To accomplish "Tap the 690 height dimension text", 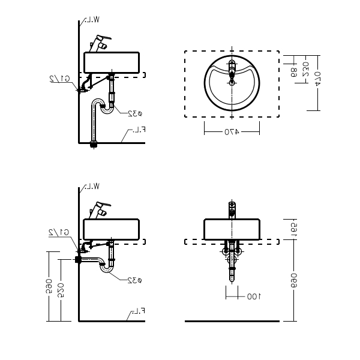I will pyautogui.click(x=294, y=279).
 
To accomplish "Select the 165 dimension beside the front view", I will pyautogui.click(x=294, y=229).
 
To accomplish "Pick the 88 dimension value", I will pyautogui.click(x=293, y=71).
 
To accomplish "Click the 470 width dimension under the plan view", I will pyautogui.click(x=232, y=130).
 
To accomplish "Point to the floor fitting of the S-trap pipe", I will pyautogui.click(x=93, y=143).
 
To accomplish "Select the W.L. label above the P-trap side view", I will pyautogui.click(x=92, y=187).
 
